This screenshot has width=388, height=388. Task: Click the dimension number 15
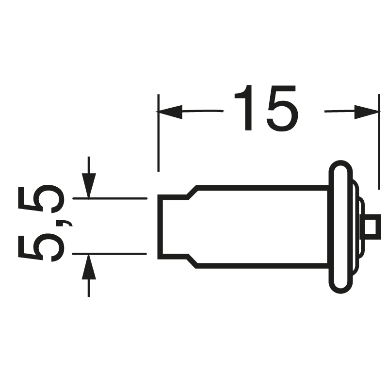264,109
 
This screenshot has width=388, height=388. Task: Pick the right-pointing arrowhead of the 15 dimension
366,112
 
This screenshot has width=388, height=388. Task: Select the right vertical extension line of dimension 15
378,141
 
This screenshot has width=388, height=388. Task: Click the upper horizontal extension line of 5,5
109,198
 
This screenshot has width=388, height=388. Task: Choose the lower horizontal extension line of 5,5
109,254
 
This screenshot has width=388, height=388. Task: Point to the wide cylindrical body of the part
262,226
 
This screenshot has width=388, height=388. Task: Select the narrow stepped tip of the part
172,226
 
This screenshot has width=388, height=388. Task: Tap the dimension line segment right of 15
339,112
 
